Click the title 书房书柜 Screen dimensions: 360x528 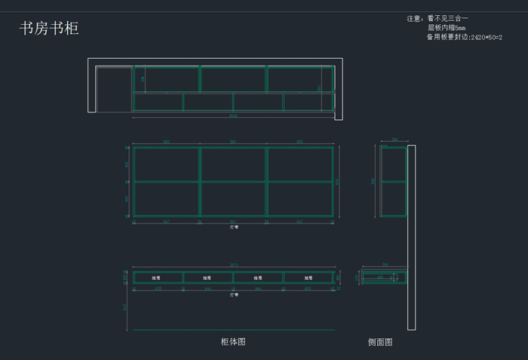click(x=49, y=29)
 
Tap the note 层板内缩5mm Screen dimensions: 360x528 click(x=447, y=28)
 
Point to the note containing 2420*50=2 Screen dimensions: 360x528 click(x=464, y=37)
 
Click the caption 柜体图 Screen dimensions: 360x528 click(x=233, y=342)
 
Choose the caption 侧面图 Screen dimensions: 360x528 click(x=380, y=342)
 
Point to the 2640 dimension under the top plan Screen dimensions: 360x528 click(x=233, y=116)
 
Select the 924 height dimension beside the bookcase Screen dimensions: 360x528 click(x=338, y=182)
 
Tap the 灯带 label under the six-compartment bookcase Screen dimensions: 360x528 click(x=234, y=226)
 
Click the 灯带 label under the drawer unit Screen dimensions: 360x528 click(x=234, y=294)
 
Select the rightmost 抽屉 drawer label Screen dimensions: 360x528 click(x=308, y=278)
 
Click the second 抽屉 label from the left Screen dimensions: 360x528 click(x=207, y=278)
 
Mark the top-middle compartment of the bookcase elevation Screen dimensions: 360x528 click(x=233, y=164)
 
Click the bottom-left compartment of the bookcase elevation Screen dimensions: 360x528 click(x=166, y=199)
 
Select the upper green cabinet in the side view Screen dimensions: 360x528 click(x=393, y=165)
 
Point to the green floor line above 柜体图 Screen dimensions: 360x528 click(x=234, y=330)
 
